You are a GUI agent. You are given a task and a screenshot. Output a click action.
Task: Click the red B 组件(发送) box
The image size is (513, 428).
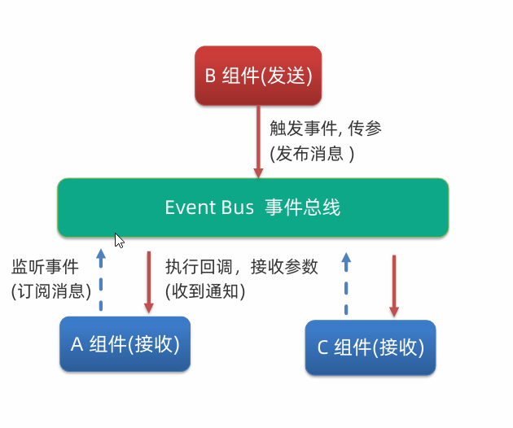pos(258,76)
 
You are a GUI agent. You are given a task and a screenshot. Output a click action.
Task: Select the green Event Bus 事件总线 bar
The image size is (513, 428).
pos(252,207)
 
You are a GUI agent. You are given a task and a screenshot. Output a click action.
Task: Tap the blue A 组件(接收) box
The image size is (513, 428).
pos(125,344)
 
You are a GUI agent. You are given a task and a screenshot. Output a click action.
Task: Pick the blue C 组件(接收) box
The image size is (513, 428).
pos(370,347)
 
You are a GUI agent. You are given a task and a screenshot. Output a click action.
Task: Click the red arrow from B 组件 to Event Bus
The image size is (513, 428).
pos(258,142)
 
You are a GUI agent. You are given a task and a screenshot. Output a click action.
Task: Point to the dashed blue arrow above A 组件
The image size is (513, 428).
pos(101,280)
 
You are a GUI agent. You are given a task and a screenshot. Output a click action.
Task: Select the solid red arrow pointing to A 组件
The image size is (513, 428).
pos(149,282)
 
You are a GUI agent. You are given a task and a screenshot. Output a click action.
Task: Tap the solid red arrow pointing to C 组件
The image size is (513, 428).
pos(394,285)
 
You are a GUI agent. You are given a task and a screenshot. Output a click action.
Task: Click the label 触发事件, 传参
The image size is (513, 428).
pos(326,129)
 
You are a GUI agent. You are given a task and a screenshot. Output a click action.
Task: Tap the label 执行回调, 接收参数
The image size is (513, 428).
pos(241,267)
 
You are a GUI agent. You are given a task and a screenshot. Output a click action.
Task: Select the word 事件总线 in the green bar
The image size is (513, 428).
pos(302,207)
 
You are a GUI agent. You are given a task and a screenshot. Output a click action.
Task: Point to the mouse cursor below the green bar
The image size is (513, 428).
pos(119,240)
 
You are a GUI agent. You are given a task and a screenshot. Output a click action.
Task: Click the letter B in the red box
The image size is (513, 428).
pos(210,76)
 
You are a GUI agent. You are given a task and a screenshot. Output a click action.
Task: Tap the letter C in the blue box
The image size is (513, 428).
pos(322,347)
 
